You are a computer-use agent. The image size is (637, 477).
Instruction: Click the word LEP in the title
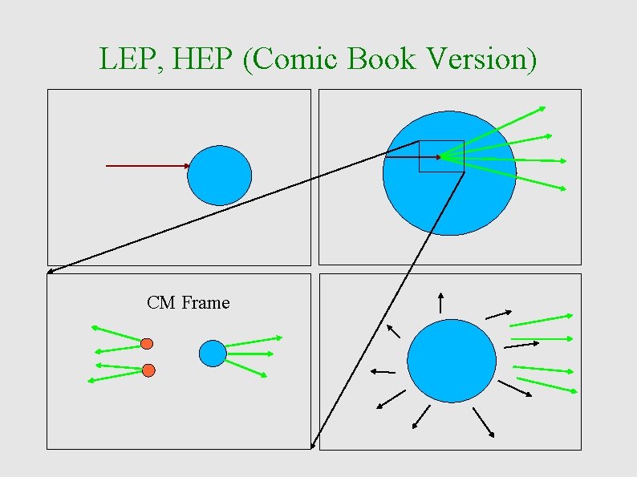[x=120, y=58]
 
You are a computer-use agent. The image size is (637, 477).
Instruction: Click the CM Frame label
[x=188, y=303]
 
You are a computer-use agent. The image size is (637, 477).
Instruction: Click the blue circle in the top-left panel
[x=219, y=176]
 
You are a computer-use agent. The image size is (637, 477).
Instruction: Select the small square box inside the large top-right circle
[x=441, y=156]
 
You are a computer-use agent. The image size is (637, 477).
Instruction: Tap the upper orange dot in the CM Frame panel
[x=147, y=344]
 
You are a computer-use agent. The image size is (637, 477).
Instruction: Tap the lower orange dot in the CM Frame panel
[x=148, y=370]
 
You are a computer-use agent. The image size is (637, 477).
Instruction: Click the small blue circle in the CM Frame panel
[x=213, y=354]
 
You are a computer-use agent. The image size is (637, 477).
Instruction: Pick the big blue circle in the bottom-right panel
[x=452, y=361]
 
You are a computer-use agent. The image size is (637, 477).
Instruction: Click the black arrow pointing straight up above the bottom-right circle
[x=440, y=302]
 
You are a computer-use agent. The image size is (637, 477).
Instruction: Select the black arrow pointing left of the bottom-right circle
[x=382, y=371]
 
